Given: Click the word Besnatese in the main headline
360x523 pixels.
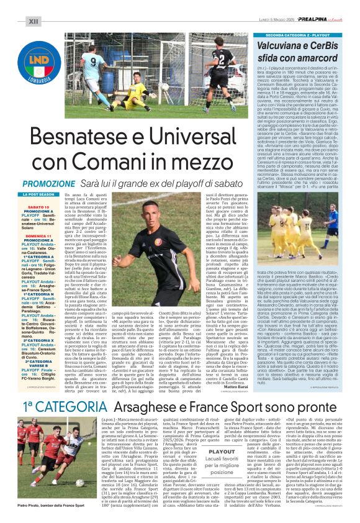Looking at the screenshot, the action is point(105,135).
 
